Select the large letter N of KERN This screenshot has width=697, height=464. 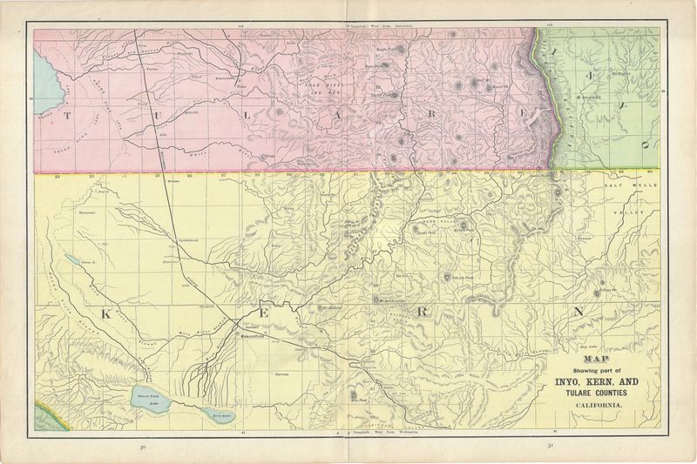[x=576, y=313]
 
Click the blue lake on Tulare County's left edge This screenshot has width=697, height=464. [x=45, y=74]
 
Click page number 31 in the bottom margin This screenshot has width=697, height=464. [x=551, y=448]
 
